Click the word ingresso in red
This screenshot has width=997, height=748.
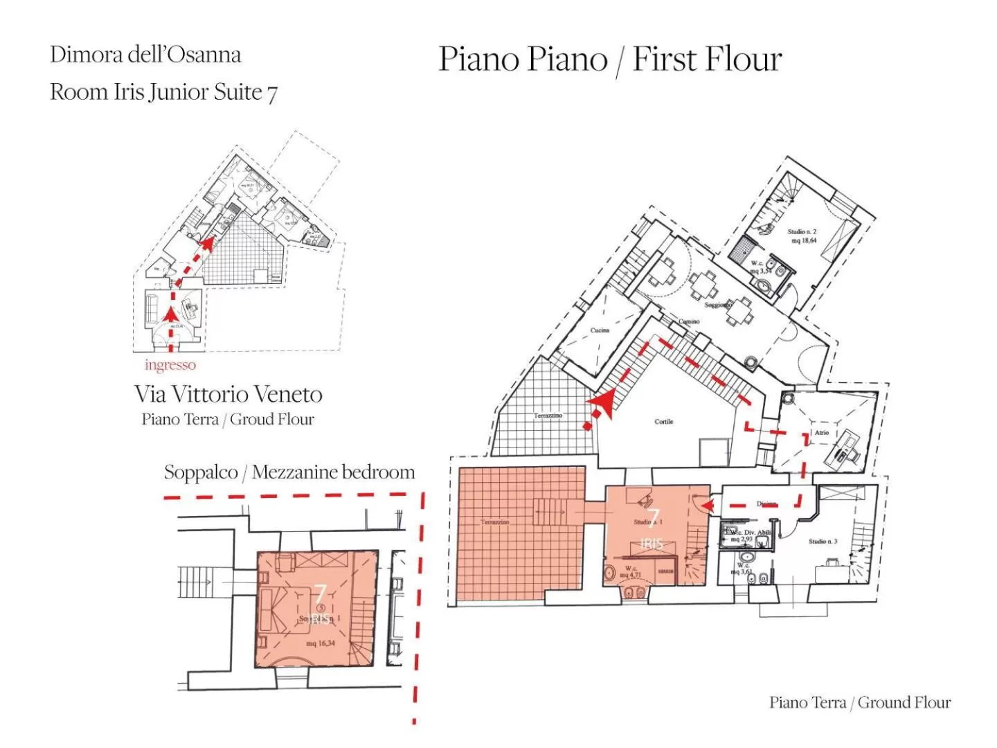[170, 365]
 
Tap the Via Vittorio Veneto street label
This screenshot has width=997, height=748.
[228, 394]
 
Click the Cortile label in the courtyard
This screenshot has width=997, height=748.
[663, 421]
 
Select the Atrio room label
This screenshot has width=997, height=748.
[821, 432]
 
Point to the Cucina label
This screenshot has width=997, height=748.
[600, 330]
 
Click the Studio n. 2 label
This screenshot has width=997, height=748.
[802, 231]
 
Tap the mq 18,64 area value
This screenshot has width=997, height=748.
[803, 241]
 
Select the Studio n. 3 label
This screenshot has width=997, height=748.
[823, 542]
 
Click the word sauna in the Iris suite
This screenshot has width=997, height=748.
[665, 571]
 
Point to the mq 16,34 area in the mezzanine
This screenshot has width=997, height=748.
[321, 643]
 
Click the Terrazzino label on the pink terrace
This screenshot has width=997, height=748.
[495, 522]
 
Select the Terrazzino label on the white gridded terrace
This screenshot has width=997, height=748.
[548, 416]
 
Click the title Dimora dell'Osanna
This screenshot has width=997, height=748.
[145, 55]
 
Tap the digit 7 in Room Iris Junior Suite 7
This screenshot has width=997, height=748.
[272, 93]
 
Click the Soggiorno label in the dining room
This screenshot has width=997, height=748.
[717, 305]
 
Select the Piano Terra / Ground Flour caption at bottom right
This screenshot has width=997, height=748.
[859, 702]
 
